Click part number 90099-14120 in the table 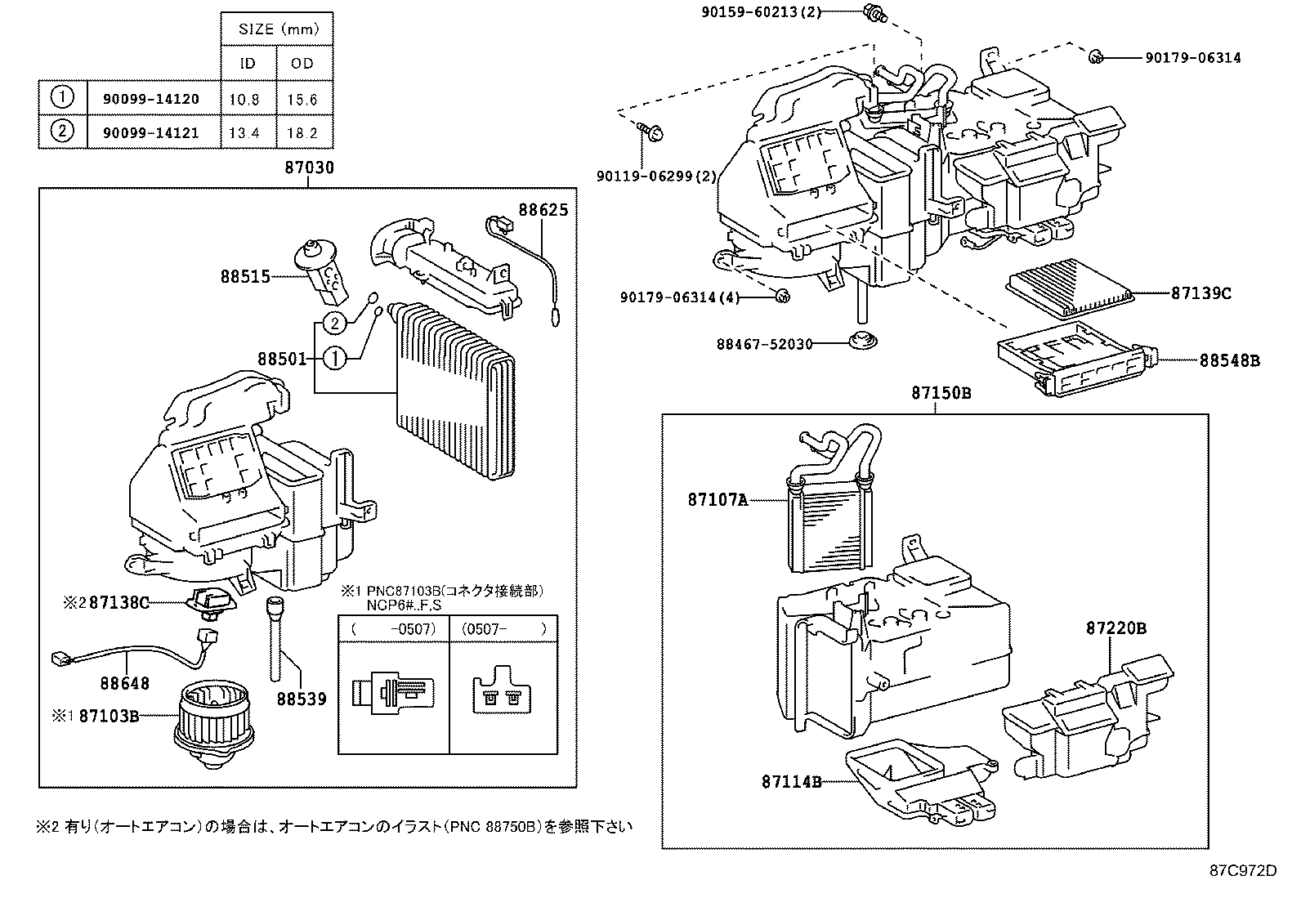tap(151, 99)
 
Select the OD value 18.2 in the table tap(302, 132)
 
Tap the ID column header tap(248, 63)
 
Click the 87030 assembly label tap(309, 168)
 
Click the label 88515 tap(244, 276)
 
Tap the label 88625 tap(543, 210)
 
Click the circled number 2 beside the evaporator tap(335, 324)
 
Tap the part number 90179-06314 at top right tap(1192, 57)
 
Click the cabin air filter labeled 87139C tap(1071, 291)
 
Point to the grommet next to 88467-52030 tap(859, 341)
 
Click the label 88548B tap(1229, 360)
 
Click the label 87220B tap(1115, 628)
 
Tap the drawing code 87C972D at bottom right tap(1242, 871)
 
